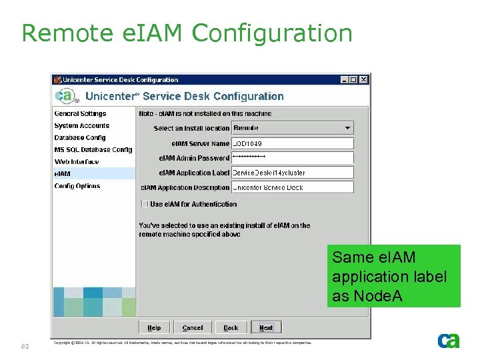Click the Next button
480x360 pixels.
pos(266,327)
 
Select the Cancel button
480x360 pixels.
pos(192,327)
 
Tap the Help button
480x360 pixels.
pos(154,327)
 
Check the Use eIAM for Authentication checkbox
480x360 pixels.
pos(145,204)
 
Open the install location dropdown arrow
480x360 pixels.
pos(347,128)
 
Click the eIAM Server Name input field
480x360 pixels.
pos(292,143)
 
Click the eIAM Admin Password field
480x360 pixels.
pos(292,158)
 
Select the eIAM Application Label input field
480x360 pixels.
pos(292,173)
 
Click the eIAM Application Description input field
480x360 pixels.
pos(292,187)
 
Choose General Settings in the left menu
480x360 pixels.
pos(80,114)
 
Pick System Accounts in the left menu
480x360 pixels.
pos(81,126)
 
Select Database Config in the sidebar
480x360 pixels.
pos(80,138)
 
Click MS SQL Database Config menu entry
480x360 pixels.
pos(93,150)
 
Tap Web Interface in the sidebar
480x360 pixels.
pos(77,162)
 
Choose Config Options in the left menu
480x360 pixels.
pos(77,186)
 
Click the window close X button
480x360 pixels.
pos(363,79)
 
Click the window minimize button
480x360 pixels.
pos(344,79)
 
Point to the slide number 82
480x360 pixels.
pos(25,346)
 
